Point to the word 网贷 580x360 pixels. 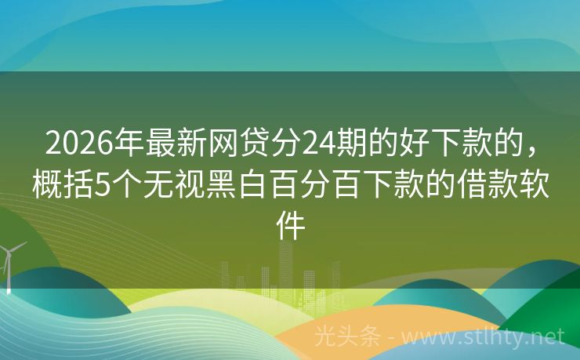point(231,144)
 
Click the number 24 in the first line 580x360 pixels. point(320,144)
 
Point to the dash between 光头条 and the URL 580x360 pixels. point(392,338)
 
